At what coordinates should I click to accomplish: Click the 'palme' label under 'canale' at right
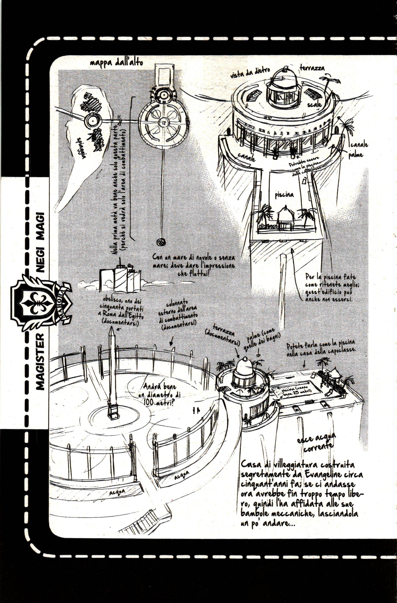tap(355, 155)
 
